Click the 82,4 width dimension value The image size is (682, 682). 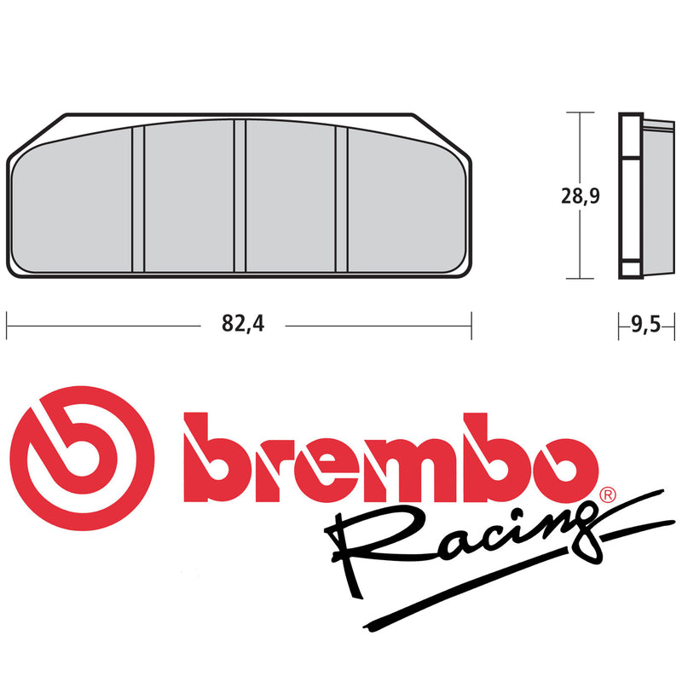(240, 325)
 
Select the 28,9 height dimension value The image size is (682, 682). (581, 196)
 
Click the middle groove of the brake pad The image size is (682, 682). (240, 196)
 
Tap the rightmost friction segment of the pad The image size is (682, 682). (406, 205)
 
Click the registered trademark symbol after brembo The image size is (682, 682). (606, 495)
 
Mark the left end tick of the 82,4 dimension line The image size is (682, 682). (7, 325)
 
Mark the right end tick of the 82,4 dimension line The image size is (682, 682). (471, 325)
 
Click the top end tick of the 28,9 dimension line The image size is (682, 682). (581, 113)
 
